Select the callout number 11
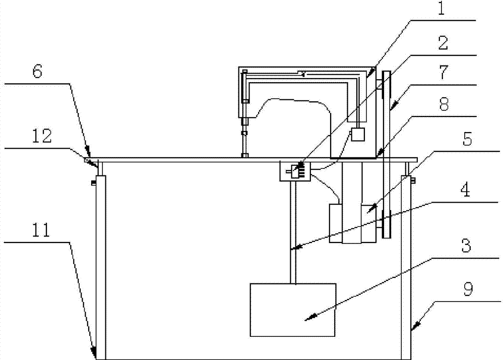pos(42,231)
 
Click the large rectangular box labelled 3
pos(293,310)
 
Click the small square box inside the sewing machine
pos(358,134)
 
